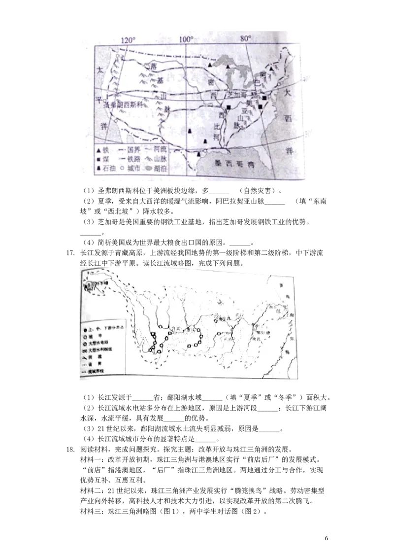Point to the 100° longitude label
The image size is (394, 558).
(187, 39)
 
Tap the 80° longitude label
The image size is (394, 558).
(246, 38)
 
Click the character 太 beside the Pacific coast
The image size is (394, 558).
(100, 70)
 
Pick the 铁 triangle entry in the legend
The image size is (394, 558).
(103, 149)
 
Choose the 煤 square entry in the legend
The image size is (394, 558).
(103, 159)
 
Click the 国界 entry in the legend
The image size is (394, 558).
(130, 149)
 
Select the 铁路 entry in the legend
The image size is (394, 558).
(130, 159)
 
